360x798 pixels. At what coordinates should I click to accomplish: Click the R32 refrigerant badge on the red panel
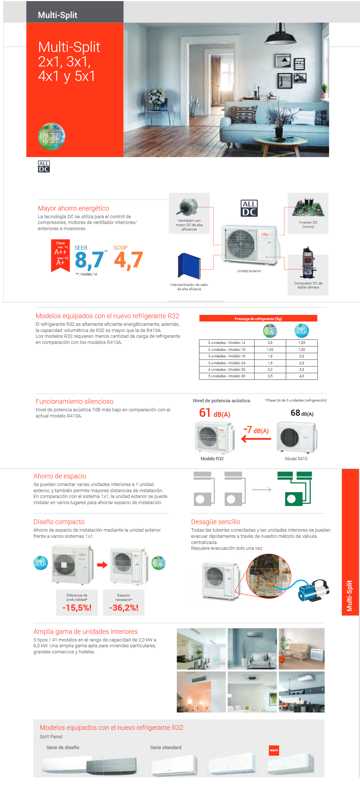pyautogui.click(x=51, y=136)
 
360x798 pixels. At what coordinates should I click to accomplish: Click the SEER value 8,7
pyautogui.click(x=89, y=260)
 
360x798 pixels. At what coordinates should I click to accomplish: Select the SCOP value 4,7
pyautogui.click(x=128, y=260)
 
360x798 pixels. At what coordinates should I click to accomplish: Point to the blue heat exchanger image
pyautogui.click(x=189, y=266)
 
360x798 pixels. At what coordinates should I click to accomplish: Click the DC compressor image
pyautogui.click(x=308, y=264)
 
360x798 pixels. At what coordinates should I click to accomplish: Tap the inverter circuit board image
pyautogui.click(x=308, y=207)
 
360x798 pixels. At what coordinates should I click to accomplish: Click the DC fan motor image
pyautogui.click(x=188, y=207)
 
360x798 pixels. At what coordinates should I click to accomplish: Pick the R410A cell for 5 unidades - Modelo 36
pyautogui.click(x=302, y=376)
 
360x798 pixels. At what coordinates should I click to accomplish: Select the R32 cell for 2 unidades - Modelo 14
pyautogui.click(x=270, y=343)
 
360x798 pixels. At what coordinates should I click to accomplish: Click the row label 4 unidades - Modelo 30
pyautogui.click(x=227, y=370)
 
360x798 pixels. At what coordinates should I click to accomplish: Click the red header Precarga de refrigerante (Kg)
pyautogui.click(x=258, y=319)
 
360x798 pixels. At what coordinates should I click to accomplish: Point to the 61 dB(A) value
pyautogui.click(x=214, y=413)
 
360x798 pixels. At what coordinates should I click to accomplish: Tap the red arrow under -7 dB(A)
pyautogui.click(x=256, y=439)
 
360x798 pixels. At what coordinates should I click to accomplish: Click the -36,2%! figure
pyautogui.click(x=124, y=608)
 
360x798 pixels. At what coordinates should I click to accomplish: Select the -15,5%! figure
pyautogui.click(x=77, y=608)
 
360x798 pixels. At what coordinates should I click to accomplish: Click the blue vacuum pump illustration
pyautogui.click(x=313, y=591)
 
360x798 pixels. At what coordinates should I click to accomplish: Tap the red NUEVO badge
pyautogui.click(x=274, y=750)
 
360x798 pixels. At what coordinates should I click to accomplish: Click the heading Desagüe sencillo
pyautogui.click(x=215, y=522)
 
